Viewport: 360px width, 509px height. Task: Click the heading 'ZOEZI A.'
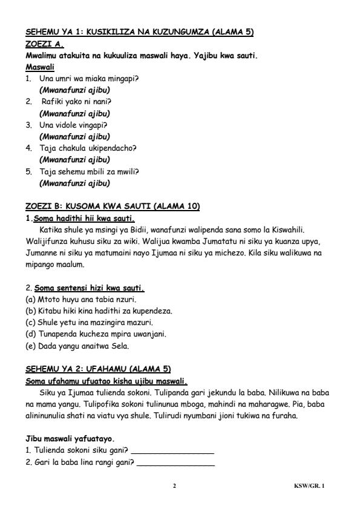(45, 44)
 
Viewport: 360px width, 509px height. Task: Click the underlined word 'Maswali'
(39, 67)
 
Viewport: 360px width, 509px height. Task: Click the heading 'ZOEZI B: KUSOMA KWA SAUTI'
(113, 206)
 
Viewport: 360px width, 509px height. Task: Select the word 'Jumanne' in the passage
(42, 253)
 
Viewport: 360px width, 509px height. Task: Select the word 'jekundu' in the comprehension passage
(173, 392)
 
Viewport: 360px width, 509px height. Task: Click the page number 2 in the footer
(174, 486)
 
